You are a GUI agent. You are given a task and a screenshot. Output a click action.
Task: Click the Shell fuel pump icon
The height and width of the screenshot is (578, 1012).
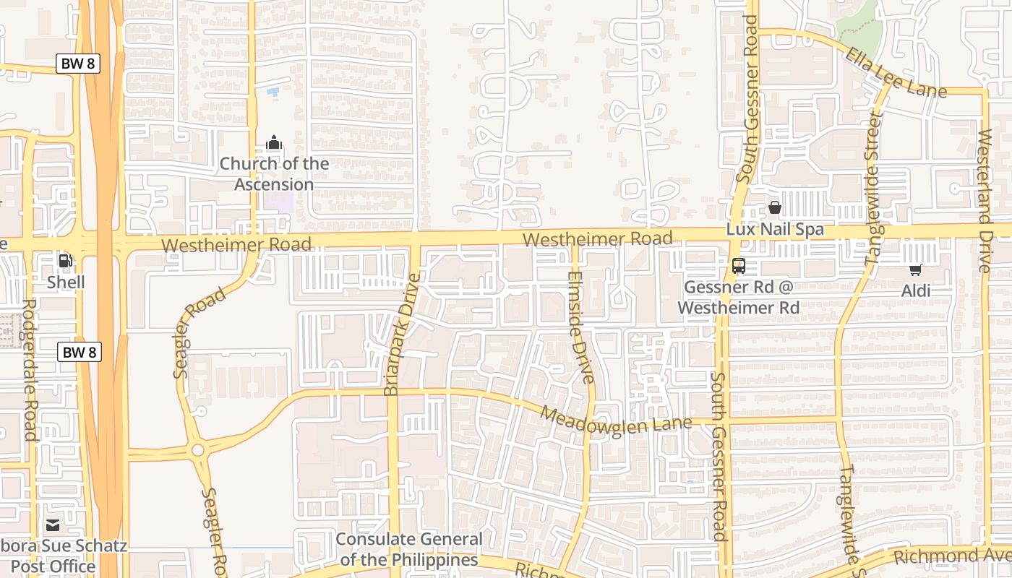pyautogui.click(x=65, y=261)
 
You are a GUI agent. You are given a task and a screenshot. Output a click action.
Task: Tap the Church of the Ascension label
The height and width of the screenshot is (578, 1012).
pyautogui.click(x=274, y=174)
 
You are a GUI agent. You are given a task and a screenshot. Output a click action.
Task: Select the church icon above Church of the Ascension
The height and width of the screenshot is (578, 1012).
pyautogui.click(x=274, y=142)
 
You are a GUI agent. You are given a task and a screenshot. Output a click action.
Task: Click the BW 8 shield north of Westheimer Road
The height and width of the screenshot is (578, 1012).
pyautogui.click(x=78, y=64)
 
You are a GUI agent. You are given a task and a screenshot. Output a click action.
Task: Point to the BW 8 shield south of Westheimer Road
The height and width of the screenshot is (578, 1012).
pyautogui.click(x=80, y=353)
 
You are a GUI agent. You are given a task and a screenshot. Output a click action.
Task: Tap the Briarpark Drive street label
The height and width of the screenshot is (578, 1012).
pyautogui.click(x=403, y=334)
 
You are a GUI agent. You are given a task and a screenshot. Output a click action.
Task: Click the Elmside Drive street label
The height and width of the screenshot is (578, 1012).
pyautogui.click(x=580, y=327)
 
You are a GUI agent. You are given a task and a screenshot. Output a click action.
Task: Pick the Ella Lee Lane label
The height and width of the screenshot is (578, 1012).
pyautogui.click(x=896, y=73)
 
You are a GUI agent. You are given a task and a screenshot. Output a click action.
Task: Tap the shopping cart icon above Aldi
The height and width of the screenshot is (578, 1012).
pyautogui.click(x=915, y=270)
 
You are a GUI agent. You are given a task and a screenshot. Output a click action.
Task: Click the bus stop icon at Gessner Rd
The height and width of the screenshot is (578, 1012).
pyautogui.click(x=738, y=265)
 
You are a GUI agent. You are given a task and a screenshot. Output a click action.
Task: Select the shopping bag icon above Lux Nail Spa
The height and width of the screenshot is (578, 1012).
pyautogui.click(x=775, y=208)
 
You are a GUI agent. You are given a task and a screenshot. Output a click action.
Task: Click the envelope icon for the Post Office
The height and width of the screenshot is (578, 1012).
pyautogui.click(x=53, y=525)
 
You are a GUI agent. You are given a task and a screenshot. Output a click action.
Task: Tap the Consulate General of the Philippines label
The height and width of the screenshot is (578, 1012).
pyautogui.click(x=409, y=549)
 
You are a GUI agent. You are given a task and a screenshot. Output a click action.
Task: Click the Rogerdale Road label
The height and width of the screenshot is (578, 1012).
pyautogui.click(x=30, y=370)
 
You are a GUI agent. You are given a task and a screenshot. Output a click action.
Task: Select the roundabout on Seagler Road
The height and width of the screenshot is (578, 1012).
pyautogui.click(x=197, y=451)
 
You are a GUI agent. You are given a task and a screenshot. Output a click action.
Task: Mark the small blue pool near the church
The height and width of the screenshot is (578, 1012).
pyautogui.click(x=273, y=92)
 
